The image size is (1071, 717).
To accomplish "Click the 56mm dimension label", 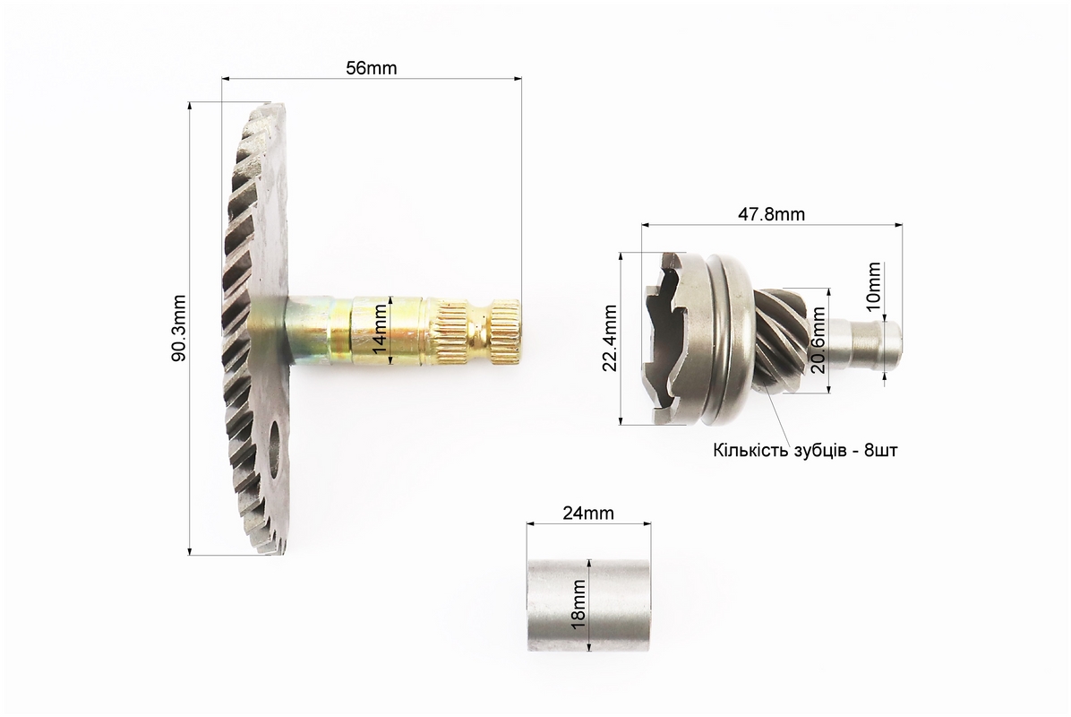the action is tap(372, 68).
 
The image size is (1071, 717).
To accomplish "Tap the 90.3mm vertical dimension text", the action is tap(178, 328).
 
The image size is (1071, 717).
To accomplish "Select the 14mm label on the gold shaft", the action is tap(381, 330).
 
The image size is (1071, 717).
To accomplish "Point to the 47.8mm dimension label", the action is tap(772, 214).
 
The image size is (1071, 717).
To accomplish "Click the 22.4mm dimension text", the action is tap(610, 338).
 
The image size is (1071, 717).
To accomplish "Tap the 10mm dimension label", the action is tap(874, 287).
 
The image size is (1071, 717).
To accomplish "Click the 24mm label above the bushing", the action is tap(588, 512).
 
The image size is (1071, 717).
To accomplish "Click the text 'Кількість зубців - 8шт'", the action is tap(805, 451).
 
